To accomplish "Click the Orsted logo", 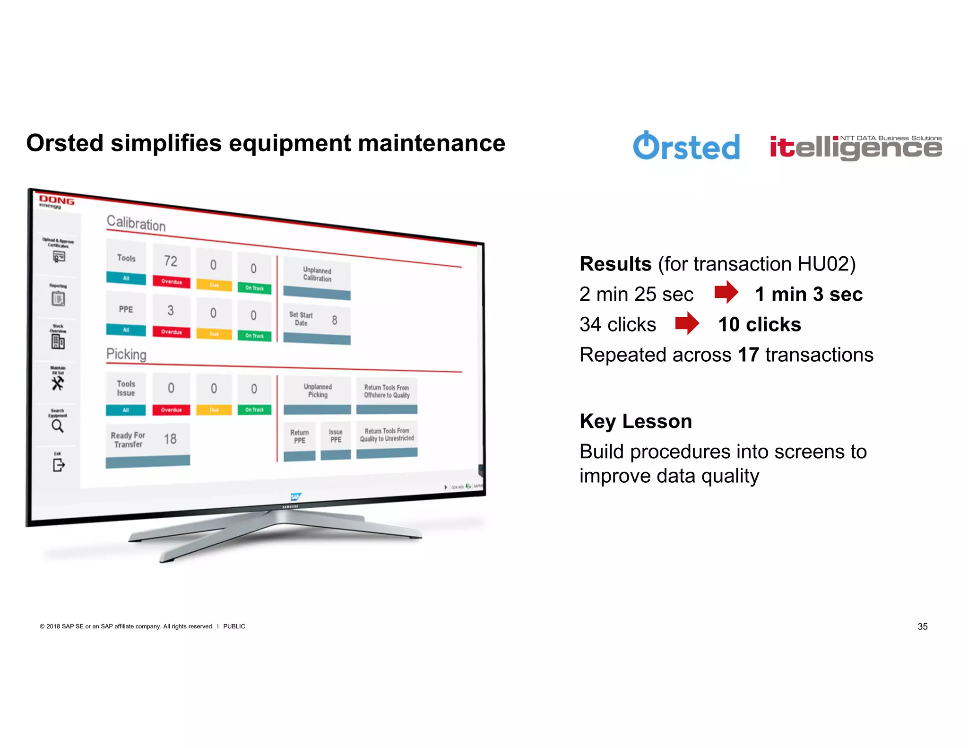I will [x=686, y=146].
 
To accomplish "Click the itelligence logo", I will [x=856, y=148].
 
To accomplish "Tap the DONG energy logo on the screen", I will [x=56, y=202].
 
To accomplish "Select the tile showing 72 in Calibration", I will [x=171, y=266].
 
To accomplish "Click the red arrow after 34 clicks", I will [x=687, y=324].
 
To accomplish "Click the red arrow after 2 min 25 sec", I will [x=726, y=293].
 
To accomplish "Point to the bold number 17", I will [x=748, y=355].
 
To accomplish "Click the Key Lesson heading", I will [x=636, y=421].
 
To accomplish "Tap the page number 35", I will [x=922, y=626].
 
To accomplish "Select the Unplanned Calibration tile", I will [x=317, y=279].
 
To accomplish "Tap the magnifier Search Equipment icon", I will [x=58, y=426].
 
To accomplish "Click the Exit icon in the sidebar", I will [x=58, y=465].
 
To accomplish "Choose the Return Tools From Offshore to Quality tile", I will [x=387, y=395].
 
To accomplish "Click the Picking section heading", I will [x=126, y=354].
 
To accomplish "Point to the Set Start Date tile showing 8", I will [x=317, y=324].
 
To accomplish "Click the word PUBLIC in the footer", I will [x=234, y=626].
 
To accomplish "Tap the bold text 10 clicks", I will [x=759, y=324].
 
